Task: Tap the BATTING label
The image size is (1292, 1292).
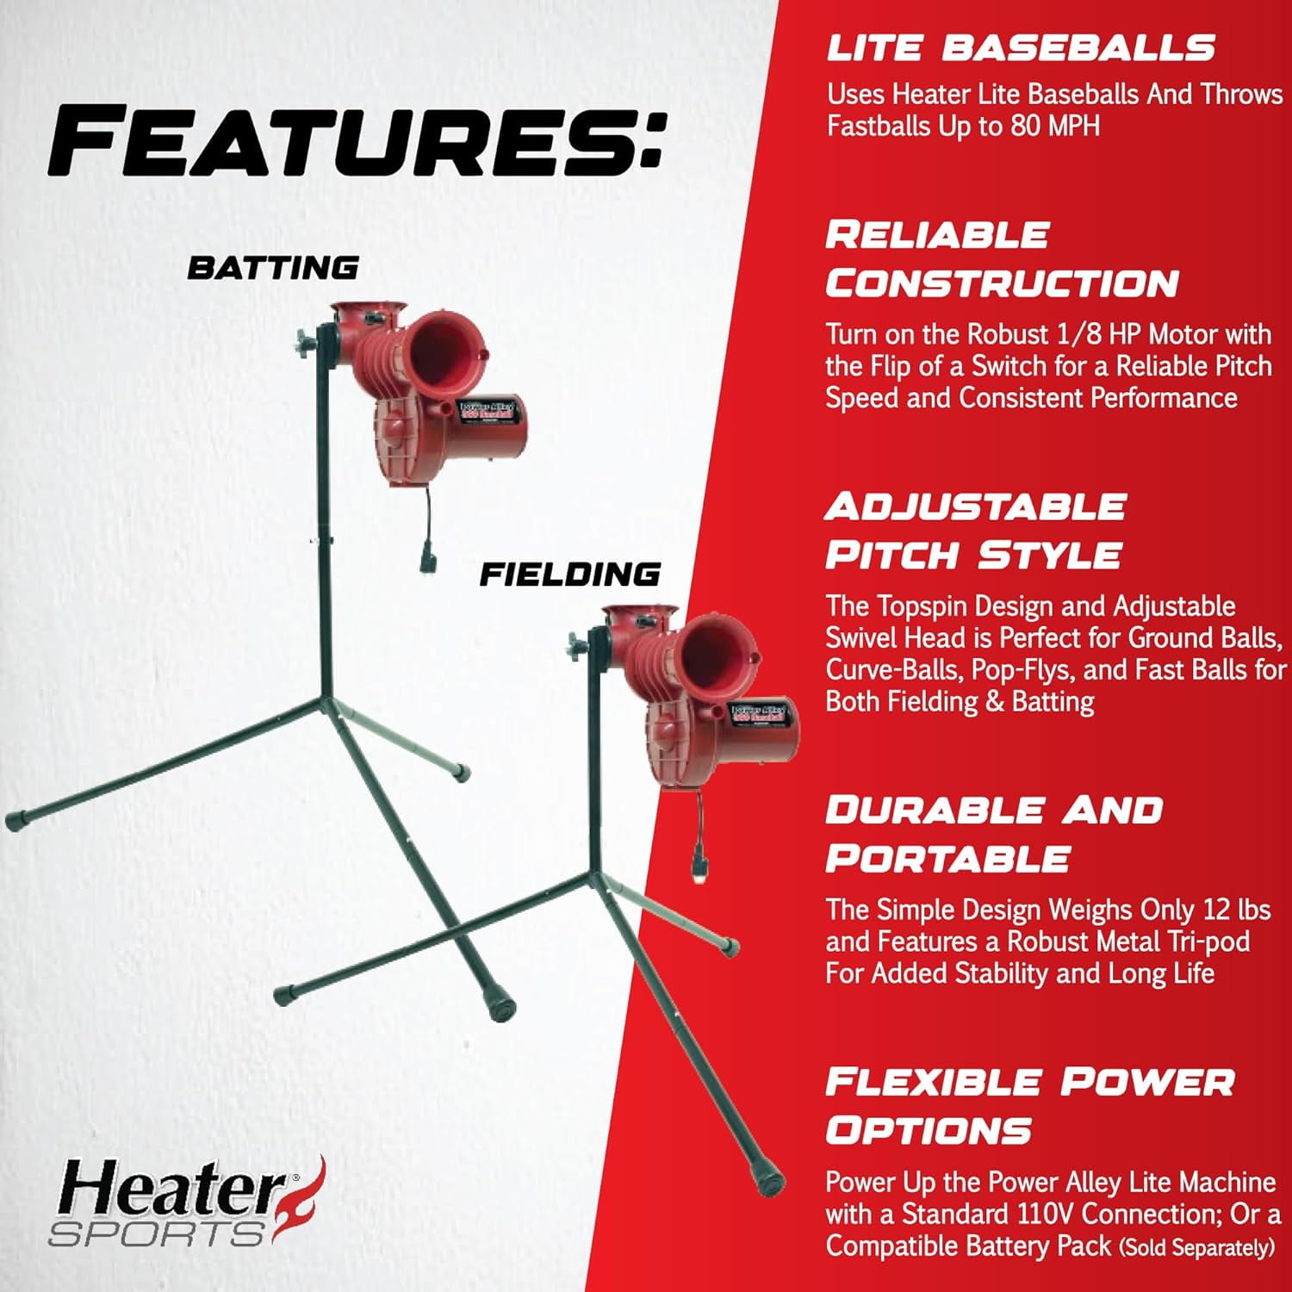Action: coord(273,268)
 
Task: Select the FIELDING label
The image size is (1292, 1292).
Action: coord(569,575)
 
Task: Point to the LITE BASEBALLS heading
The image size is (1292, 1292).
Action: coord(1021,48)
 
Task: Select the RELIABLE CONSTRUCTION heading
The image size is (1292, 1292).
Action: coord(1002,259)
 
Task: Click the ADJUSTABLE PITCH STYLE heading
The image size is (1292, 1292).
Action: coord(974,531)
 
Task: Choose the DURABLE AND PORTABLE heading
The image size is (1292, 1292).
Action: coord(994,834)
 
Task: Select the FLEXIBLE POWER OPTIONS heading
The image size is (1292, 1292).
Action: coord(1029,1106)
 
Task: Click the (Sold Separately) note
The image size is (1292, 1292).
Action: coord(1196,1247)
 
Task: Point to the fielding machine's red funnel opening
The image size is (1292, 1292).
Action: coord(715,652)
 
